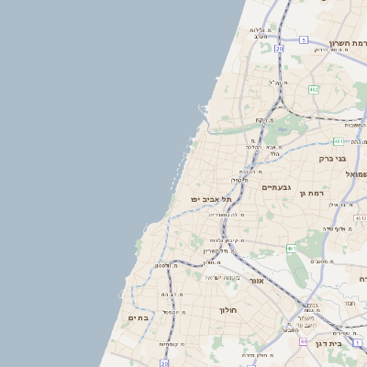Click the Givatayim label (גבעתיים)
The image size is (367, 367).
(275, 187)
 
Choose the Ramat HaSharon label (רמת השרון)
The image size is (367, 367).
(348, 43)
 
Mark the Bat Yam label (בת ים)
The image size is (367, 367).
(138, 317)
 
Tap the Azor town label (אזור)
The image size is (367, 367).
(256, 280)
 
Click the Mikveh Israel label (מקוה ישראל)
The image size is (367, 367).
(223, 277)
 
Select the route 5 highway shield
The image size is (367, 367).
(304, 40)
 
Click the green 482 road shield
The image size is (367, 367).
(314, 89)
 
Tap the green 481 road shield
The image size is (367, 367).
(339, 141)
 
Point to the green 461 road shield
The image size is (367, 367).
(291, 248)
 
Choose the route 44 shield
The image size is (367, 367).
(304, 340)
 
